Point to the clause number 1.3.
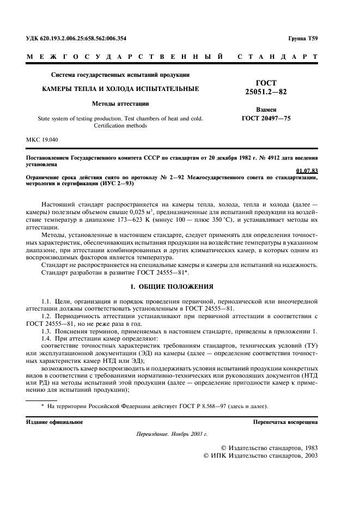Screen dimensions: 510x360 pos(47,332)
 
